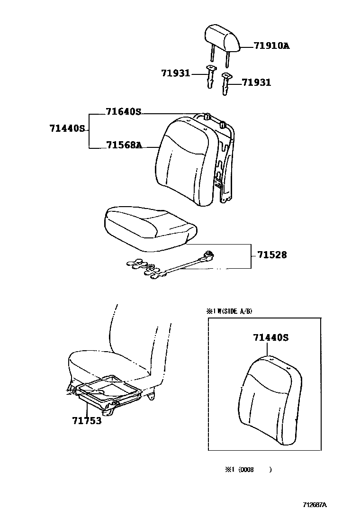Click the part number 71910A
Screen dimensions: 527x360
[271, 46]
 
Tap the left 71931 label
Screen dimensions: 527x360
[175, 73]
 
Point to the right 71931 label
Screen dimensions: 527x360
[256, 82]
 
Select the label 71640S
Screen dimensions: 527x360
[124, 112]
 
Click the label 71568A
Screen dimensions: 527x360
[124, 145]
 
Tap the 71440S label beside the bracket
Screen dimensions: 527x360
[67, 128]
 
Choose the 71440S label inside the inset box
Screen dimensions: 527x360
[271, 338]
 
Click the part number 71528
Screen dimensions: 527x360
[272, 255]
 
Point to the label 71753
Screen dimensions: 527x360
[87, 420]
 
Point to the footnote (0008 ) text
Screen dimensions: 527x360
[248, 470]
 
